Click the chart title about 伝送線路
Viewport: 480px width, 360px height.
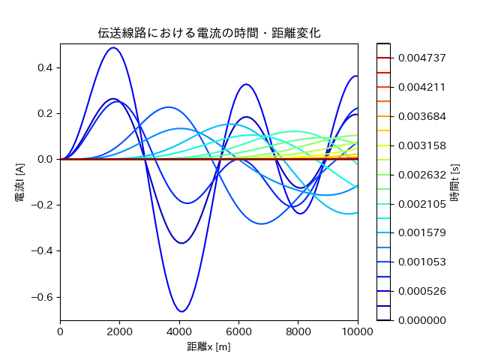(209, 34)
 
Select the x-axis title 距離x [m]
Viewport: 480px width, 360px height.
(209, 347)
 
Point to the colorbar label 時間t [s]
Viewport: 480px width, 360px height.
(455, 181)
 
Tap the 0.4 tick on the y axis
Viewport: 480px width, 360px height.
(46, 67)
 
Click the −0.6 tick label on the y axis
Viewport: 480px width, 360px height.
(43, 296)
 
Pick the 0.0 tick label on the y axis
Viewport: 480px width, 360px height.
(46, 159)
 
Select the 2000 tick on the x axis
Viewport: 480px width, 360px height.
(120, 330)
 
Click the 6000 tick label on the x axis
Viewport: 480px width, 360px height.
(238, 330)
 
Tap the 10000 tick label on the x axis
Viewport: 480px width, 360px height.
(358, 330)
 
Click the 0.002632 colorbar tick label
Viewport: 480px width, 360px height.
(421, 174)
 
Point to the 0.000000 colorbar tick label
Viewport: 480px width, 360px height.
(421, 320)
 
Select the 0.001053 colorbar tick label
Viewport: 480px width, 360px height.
(421, 262)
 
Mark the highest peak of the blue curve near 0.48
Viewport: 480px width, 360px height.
(113, 48)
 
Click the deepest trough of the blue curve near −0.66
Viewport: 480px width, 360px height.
(181, 310)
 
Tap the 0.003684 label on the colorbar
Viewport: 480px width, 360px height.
(421, 116)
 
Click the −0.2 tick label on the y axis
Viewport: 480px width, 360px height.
(43, 205)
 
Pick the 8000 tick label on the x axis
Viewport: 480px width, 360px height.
(298, 330)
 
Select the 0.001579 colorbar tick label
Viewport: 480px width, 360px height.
(421, 232)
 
